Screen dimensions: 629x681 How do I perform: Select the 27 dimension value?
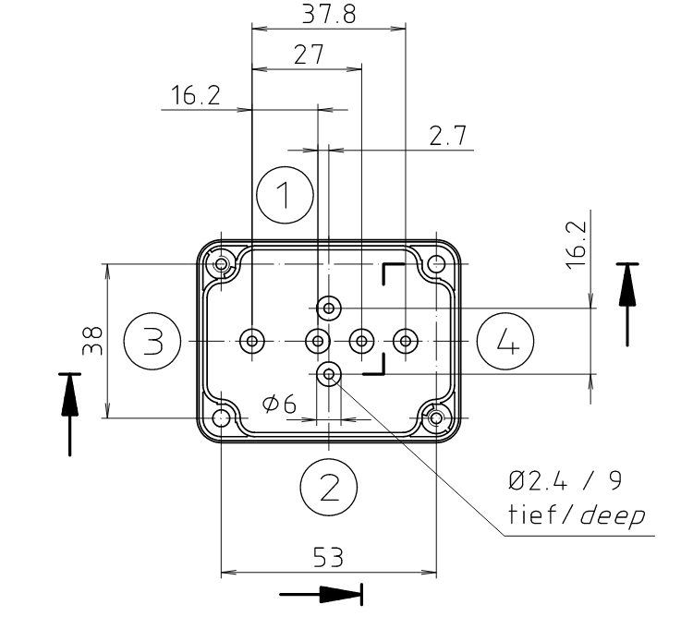[x=308, y=54]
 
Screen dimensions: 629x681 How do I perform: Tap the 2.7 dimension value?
[x=447, y=137]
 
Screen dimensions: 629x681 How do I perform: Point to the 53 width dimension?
[x=329, y=557]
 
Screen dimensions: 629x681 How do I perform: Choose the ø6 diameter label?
[x=279, y=404]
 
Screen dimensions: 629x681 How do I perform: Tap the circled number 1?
[x=286, y=193]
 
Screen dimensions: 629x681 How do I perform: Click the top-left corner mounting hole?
[x=222, y=266]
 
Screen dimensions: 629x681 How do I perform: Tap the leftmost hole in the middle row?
[x=252, y=342]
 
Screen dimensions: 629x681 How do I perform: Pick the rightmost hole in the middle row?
[x=404, y=342]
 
